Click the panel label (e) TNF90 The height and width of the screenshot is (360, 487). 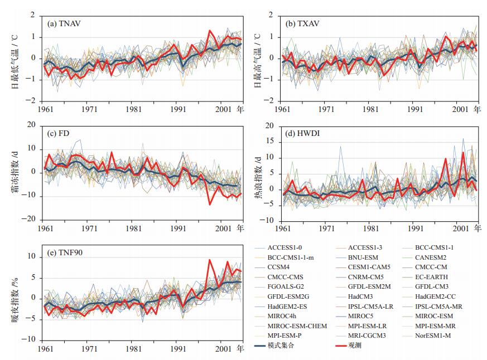tap(66, 252)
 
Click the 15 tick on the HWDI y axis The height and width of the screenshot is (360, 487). tap(272, 142)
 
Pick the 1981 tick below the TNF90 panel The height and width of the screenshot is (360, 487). tap(133, 349)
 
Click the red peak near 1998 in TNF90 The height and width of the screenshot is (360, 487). tap(210, 260)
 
